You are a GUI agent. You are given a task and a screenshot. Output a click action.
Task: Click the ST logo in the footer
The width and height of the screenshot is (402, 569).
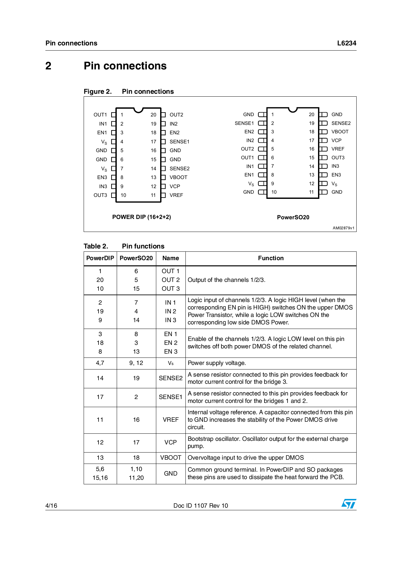pyautogui.click(x=349, y=503)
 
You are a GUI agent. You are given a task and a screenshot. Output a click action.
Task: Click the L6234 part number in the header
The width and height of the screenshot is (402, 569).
pyautogui.click(x=347, y=43)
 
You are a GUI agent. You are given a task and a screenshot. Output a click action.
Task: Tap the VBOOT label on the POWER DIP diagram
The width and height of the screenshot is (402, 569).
pyautogui.click(x=178, y=177)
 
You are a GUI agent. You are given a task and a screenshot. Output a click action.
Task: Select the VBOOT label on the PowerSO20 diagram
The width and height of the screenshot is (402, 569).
pyautogui.click(x=340, y=132)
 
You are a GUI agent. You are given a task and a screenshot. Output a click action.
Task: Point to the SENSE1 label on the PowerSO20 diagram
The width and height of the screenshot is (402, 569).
pyautogui.click(x=244, y=123)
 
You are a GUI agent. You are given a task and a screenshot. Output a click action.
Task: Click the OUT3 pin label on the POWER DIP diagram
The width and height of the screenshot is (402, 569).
pyautogui.click(x=100, y=195)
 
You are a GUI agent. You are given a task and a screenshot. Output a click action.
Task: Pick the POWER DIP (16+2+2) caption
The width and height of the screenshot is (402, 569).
pyautogui.click(x=141, y=217)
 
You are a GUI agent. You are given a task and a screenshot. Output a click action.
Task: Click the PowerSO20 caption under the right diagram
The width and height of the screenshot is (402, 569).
pyautogui.click(x=293, y=217)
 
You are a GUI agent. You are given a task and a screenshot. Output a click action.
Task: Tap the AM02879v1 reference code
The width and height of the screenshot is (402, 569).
pyautogui.click(x=343, y=228)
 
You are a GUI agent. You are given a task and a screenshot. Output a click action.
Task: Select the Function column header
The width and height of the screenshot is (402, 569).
pyautogui.click(x=271, y=258)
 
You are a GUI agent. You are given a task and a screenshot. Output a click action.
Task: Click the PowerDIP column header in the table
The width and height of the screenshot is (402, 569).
pyautogui.click(x=100, y=258)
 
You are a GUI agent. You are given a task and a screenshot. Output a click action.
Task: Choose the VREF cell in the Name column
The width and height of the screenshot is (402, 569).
pyautogui.click(x=171, y=420)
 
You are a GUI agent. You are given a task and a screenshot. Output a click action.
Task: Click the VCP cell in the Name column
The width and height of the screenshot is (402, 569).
pyautogui.click(x=171, y=442)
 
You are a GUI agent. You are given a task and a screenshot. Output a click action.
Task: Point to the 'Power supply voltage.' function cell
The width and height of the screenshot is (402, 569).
pyautogui.click(x=217, y=363)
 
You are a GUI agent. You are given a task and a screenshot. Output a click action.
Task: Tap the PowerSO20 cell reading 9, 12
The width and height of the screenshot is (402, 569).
pyautogui.click(x=136, y=363)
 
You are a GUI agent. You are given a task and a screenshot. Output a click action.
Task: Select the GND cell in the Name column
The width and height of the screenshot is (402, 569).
pyautogui.click(x=171, y=474)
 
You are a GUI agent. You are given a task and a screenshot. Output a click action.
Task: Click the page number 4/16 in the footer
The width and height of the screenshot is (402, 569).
pyautogui.click(x=51, y=505)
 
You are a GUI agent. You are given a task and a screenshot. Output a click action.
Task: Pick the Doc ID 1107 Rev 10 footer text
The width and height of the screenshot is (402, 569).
pyautogui.click(x=201, y=505)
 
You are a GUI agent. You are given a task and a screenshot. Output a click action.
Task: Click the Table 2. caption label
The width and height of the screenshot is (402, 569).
pyautogui.click(x=96, y=246)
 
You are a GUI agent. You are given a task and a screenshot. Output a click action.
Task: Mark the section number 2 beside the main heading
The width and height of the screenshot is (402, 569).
pyautogui.click(x=48, y=66)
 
